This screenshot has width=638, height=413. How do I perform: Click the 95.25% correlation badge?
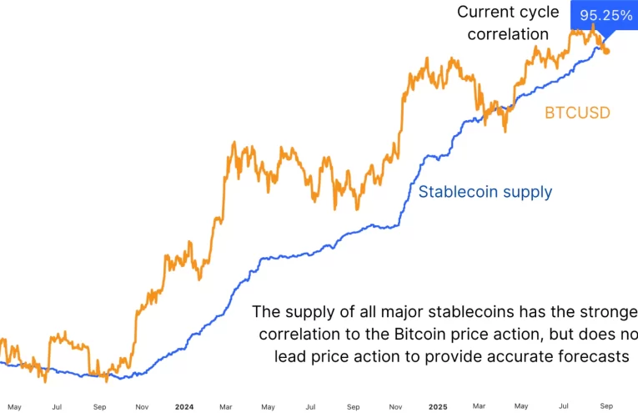point(607,16)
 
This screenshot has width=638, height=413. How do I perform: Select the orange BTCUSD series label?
point(577,112)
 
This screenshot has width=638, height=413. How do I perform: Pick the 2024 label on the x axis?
point(184,407)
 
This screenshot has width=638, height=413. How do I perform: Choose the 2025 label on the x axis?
point(438,407)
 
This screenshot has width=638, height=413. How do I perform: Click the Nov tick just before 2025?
point(395,407)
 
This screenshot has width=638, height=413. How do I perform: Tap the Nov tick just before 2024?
point(142,407)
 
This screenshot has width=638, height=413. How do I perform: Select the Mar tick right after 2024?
point(226,407)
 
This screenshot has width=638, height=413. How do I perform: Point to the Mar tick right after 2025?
point(480,407)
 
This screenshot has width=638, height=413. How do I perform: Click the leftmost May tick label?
point(14,407)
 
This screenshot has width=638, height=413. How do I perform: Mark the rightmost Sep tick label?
point(606,407)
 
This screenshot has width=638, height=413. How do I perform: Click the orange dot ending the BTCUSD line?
point(606,51)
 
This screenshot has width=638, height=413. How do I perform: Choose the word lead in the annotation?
point(291,356)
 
